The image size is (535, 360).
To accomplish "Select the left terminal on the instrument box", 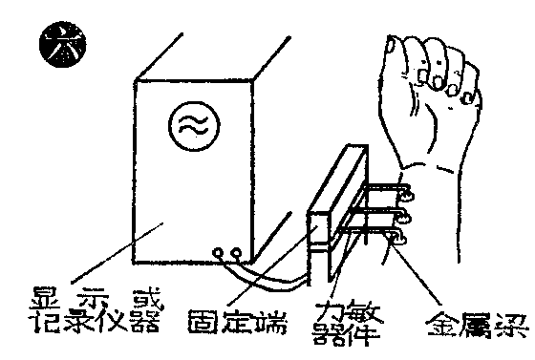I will pos(222,253).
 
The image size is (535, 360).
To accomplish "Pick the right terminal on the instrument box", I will pos(237,253).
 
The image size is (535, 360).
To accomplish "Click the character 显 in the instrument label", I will pos(50,294).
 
